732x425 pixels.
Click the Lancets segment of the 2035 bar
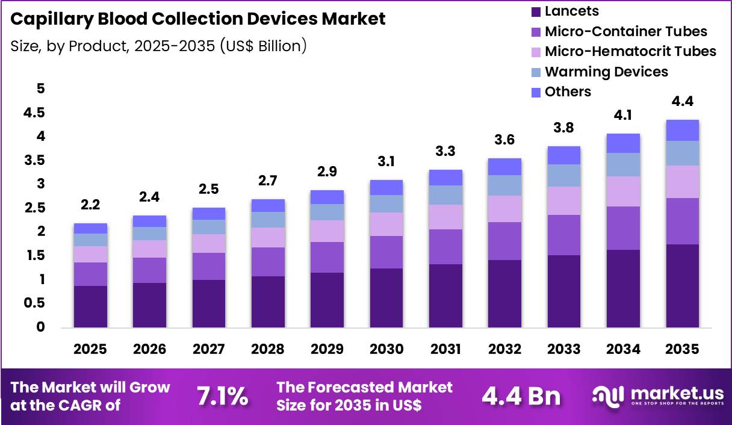(682, 286)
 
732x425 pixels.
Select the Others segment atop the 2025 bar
(90, 228)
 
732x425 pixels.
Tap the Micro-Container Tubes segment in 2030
(386, 252)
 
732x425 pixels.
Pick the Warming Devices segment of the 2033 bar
(564, 175)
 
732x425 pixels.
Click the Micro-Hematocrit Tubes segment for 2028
(268, 237)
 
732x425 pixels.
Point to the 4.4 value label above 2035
(683, 101)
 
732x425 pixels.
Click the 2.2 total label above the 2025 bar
(90, 205)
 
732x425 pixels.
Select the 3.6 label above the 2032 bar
(505, 140)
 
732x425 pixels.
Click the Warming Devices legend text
(606, 72)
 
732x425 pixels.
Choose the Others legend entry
(568, 92)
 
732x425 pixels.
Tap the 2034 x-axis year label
(623, 350)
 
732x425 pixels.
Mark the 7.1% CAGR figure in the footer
(222, 396)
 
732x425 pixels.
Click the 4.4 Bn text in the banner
(521, 396)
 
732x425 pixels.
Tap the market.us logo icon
(609, 396)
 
